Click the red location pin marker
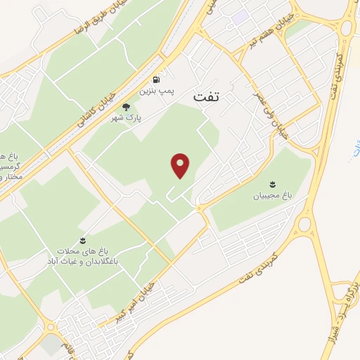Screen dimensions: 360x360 pyautogui.click(x=181, y=165)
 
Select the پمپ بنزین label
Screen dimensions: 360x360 pyautogui.click(x=154, y=91)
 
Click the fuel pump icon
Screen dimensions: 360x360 pyautogui.click(x=155, y=79)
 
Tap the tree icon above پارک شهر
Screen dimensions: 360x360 pyautogui.click(x=127, y=107)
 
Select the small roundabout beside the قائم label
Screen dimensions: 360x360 pyautogui.click(x=51, y=328)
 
